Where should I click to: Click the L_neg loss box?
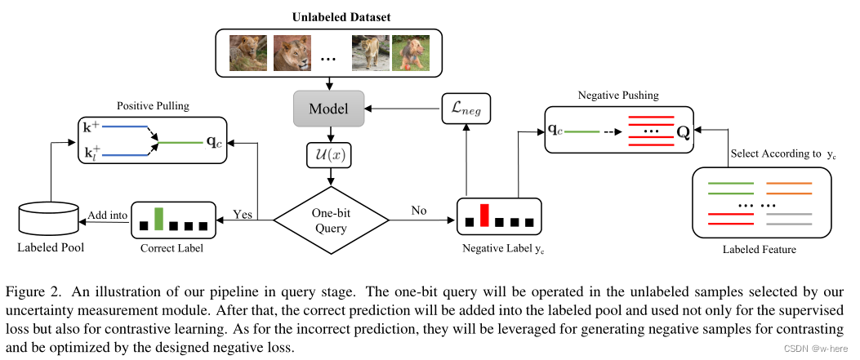click(466, 108)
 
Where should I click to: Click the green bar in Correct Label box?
click(160, 218)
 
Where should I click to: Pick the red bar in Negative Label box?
click(483, 215)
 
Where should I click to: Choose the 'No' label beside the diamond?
click(418, 211)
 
